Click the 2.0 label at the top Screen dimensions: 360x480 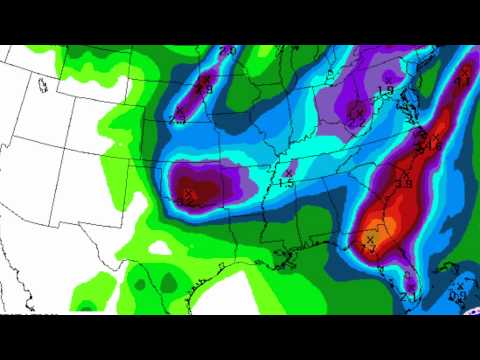(227, 51)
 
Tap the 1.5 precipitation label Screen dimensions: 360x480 (285, 184)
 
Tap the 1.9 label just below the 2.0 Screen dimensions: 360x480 (206, 89)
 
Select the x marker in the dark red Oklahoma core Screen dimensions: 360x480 (188, 193)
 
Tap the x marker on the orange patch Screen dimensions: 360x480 (369, 239)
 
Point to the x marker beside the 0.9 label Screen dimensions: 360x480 (459, 287)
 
